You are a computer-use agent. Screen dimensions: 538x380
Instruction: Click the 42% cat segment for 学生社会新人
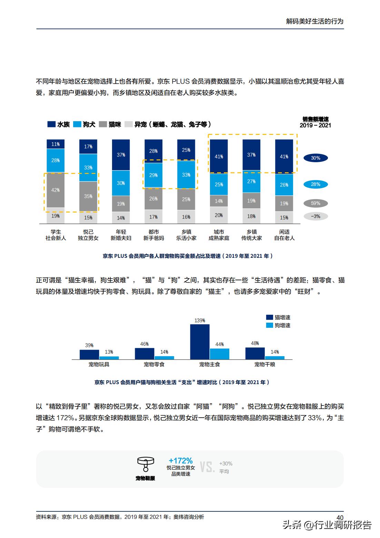click(56, 190)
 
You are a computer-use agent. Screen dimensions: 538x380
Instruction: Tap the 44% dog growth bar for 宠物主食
click(219, 354)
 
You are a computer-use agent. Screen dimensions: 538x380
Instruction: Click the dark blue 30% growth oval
click(315, 158)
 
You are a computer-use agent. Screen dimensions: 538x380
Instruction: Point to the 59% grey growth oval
click(315, 203)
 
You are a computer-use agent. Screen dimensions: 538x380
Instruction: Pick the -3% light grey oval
click(315, 216)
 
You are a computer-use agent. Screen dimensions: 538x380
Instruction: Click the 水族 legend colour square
click(51, 124)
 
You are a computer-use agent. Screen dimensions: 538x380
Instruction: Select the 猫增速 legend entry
click(278, 317)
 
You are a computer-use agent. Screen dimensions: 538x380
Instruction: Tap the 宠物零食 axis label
click(154, 364)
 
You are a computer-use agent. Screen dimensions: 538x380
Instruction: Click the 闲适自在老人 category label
click(284, 235)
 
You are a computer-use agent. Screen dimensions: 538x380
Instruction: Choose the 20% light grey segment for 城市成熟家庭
click(219, 215)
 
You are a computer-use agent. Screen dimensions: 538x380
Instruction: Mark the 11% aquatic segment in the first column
click(56, 144)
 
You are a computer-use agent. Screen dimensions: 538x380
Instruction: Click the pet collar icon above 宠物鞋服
click(145, 464)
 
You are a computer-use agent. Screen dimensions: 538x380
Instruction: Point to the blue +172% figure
click(181, 461)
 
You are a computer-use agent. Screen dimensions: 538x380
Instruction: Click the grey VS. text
click(207, 467)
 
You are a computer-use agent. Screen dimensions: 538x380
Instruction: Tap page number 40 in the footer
click(340, 517)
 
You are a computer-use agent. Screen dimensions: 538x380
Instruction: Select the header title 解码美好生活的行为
click(315, 21)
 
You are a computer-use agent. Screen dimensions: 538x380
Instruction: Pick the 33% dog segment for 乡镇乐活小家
click(186, 175)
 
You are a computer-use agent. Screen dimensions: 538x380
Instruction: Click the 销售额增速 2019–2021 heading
click(315, 122)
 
